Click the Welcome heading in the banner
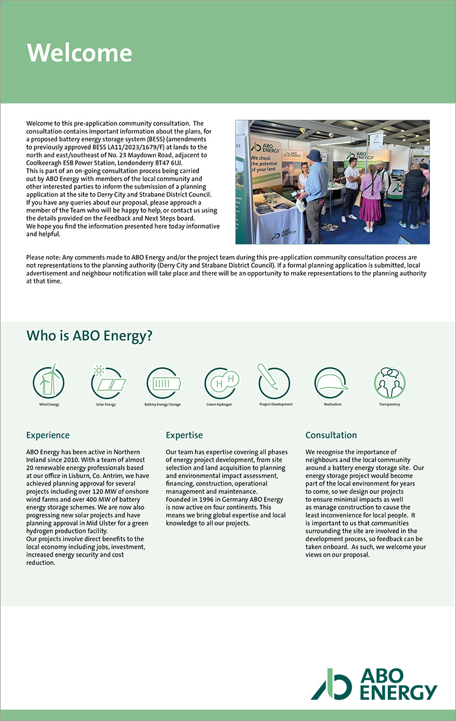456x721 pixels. pyautogui.click(x=79, y=53)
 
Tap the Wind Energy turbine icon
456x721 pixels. pyautogui.click(x=49, y=381)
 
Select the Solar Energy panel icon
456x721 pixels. pyautogui.click(x=107, y=382)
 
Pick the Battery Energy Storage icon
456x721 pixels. pyautogui.click(x=162, y=383)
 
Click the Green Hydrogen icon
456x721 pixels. pyautogui.click(x=220, y=383)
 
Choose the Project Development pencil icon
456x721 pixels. pyautogui.click(x=273, y=381)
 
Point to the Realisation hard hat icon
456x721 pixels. pyautogui.click(x=330, y=383)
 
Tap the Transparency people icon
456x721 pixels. pyautogui.click(x=390, y=383)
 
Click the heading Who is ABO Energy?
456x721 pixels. pyautogui.click(x=89, y=336)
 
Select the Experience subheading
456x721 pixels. pyautogui.click(x=48, y=435)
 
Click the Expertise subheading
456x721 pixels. pyautogui.click(x=184, y=435)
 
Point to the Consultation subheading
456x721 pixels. pyautogui.click(x=331, y=435)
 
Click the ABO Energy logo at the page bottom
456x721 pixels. pyautogui.click(x=374, y=684)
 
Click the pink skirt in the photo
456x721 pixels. pyautogui.click(x=371, y=208)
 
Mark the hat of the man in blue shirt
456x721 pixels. pyautogui.click(x=314, y=155)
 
